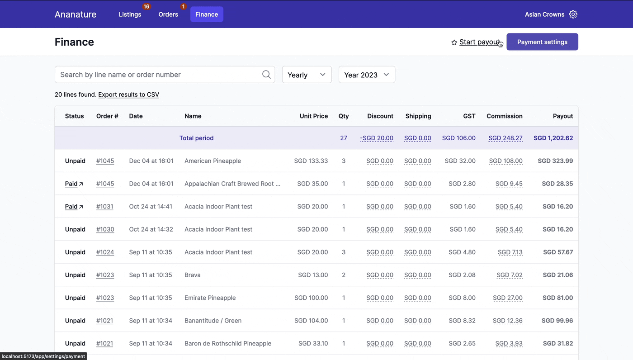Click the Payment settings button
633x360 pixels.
pos(542,42)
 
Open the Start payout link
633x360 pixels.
pos(478,42)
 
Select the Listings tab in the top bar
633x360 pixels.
pos(130,14)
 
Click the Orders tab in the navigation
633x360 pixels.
pos(168,14)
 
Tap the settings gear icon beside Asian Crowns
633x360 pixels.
pos(573,14)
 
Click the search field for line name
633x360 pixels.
pos(158,75)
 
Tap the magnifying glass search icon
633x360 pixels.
pos(266,75)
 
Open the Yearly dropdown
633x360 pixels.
pos(307,75)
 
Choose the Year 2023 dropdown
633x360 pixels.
pos(366,75)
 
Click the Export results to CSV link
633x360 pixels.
pos(128,95)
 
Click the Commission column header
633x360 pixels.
pos(504,116)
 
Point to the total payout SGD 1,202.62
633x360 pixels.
pos(553,138)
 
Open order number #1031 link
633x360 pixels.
pos(104,207)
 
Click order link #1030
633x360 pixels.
pos(105,229)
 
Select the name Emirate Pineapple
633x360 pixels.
pos(210,298)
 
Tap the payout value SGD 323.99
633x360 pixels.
pos(555,161)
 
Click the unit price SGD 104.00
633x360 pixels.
pos(311,321)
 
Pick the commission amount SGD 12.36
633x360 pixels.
pos(507,321)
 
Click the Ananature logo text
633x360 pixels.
pos(76,14)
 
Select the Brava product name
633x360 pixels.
pos(192,275)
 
